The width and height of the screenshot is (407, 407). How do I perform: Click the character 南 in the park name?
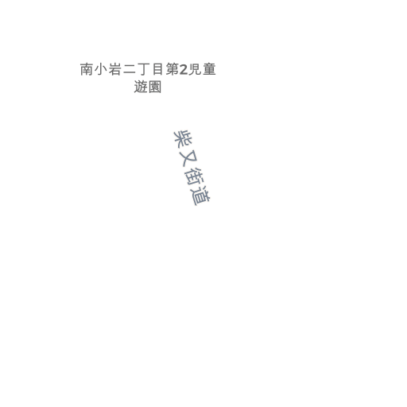click(87, 69)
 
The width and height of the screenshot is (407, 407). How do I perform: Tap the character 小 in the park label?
click(101, 69)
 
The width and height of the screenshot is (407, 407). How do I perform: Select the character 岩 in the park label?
click(115, 69)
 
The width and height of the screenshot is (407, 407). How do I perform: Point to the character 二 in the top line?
click(130, 69)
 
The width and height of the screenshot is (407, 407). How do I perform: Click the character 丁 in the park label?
click(144, 69)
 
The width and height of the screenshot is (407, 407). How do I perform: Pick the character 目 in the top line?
click(158, 69)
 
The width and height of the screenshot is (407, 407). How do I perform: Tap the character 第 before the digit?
click(172, 69)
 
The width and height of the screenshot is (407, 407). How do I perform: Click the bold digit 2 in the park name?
click(184, 70)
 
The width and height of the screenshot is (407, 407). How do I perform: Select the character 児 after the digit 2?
click(195, 69)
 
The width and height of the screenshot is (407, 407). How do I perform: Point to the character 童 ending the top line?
click(209, 69)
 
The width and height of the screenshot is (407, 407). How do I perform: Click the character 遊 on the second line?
click(141, 87)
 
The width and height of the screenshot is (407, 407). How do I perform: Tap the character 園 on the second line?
click(155, 87)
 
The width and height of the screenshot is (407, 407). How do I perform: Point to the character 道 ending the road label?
click(201, 196)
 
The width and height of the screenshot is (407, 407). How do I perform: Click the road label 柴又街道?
click(192, 168)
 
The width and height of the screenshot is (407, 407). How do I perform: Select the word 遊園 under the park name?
click(148, 87)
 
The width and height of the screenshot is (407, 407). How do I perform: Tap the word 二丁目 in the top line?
click(143, 69)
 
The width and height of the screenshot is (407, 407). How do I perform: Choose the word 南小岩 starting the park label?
click(101, 69)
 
